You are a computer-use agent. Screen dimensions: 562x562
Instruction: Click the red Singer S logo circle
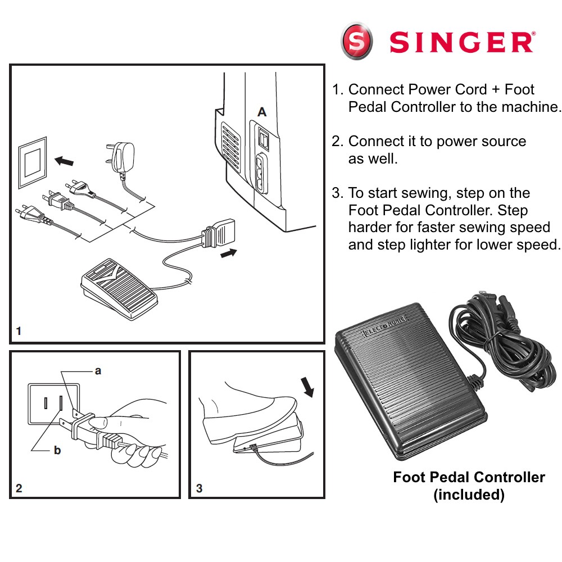(x=357, y=40)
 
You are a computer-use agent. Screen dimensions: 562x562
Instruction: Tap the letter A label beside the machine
(x=262, y=113)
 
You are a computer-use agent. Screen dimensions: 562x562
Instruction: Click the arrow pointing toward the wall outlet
(x=64, y=162)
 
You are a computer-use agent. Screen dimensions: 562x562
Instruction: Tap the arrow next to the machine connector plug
(x=229, y=253)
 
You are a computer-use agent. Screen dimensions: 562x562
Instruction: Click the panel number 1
(x=19, y=332)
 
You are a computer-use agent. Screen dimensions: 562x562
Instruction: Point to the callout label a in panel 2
(x=98, y=371)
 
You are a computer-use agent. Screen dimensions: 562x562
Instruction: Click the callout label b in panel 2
(x=57, y=450)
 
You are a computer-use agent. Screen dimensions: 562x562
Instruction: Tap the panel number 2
(x=19, y=488)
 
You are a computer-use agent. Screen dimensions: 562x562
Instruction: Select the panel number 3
(x=199, y=488)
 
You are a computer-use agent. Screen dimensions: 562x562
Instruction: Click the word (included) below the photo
(x=469, y=495)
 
